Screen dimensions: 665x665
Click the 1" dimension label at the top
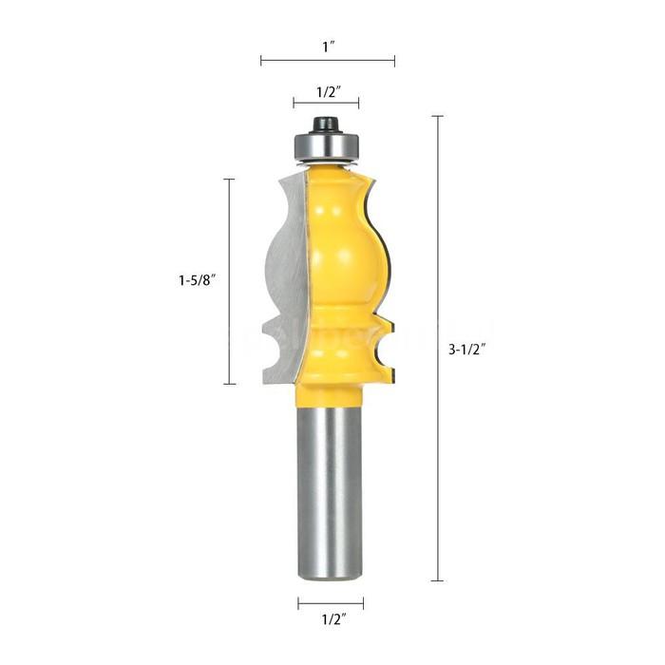pyautogui.click(x=328, y=44)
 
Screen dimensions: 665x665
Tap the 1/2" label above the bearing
pyautogui.click(x=328, y=92)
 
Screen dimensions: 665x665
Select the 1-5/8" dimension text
pyautogui.click(x=197, y=280)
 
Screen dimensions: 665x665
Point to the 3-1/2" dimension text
pyautogui.click(x=468, y=349)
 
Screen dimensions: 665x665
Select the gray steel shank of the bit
pyautogui.click(x=331, y=484)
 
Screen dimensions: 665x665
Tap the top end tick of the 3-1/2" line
pyautogui.click(x=437, y=116)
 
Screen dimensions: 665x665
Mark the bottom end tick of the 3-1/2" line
pyautogui.click(x=437, y=580)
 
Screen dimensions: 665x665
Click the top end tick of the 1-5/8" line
pyautogui.click(x=229, y=178)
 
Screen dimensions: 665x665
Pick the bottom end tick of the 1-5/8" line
pyautogui.click(x=229, y=384)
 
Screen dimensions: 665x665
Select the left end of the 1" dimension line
pyautogui.click(x=261, y=61)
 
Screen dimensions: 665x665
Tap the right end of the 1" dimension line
pyautogui.click(x=394, y=61)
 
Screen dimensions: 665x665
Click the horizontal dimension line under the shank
pyautogui.click(x=331, y=602)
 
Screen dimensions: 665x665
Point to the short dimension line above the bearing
pyautogui.click(x=327, y=107)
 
